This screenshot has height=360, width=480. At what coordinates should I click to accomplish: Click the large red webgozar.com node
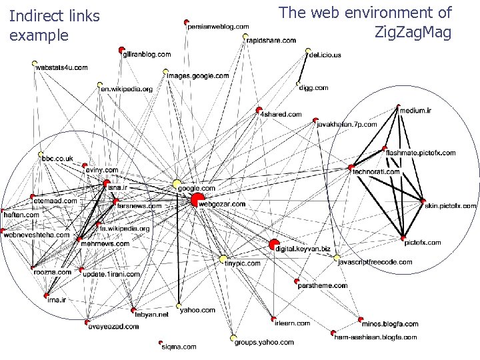(197, 199)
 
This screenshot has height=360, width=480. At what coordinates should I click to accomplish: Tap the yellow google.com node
(177, 183)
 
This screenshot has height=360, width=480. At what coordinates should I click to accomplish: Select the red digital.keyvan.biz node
(274, 245)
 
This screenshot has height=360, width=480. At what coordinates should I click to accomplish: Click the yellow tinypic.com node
(223, 258)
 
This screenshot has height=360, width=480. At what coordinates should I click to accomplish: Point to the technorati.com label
(376, 171)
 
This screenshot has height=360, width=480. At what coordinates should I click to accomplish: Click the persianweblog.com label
(218, 26)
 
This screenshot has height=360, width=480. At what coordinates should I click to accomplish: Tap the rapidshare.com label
(271, 40)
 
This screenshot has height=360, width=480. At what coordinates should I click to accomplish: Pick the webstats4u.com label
(61, 67)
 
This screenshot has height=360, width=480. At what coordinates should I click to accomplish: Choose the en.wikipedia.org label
(127, 89)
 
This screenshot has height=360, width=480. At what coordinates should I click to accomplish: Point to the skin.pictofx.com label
(451, 206)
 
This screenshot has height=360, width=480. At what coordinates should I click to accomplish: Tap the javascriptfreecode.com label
(375, 262)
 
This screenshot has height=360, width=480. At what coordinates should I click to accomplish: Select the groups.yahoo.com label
(263, 342)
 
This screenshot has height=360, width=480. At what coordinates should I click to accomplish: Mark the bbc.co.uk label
(57, 158)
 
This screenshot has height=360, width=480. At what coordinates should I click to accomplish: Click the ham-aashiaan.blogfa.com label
(375, 337)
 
